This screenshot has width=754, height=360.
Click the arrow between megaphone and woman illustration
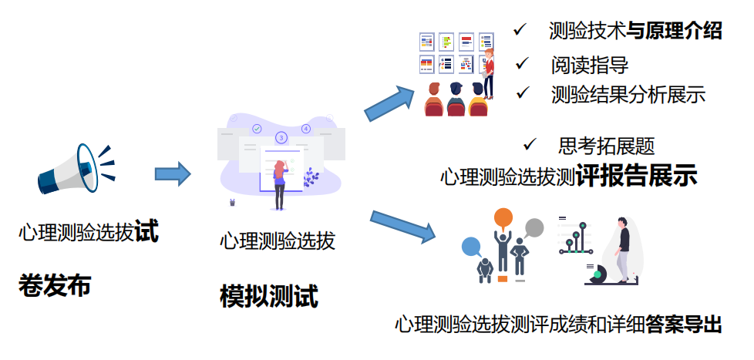point(172,173)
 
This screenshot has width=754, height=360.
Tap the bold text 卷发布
point(55,286)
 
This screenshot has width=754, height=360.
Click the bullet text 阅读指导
point(589,64)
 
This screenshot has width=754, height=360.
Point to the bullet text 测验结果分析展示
point(628,95)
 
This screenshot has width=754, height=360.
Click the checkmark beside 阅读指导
point(523,62)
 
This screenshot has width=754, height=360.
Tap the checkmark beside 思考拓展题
point(530,144)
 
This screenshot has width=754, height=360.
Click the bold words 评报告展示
point(637,176)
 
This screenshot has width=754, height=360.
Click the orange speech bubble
point(503,218)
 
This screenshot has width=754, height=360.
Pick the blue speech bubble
point(471,247)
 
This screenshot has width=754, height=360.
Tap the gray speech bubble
point(534,228)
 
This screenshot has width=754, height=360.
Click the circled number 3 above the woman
point(281,138)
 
